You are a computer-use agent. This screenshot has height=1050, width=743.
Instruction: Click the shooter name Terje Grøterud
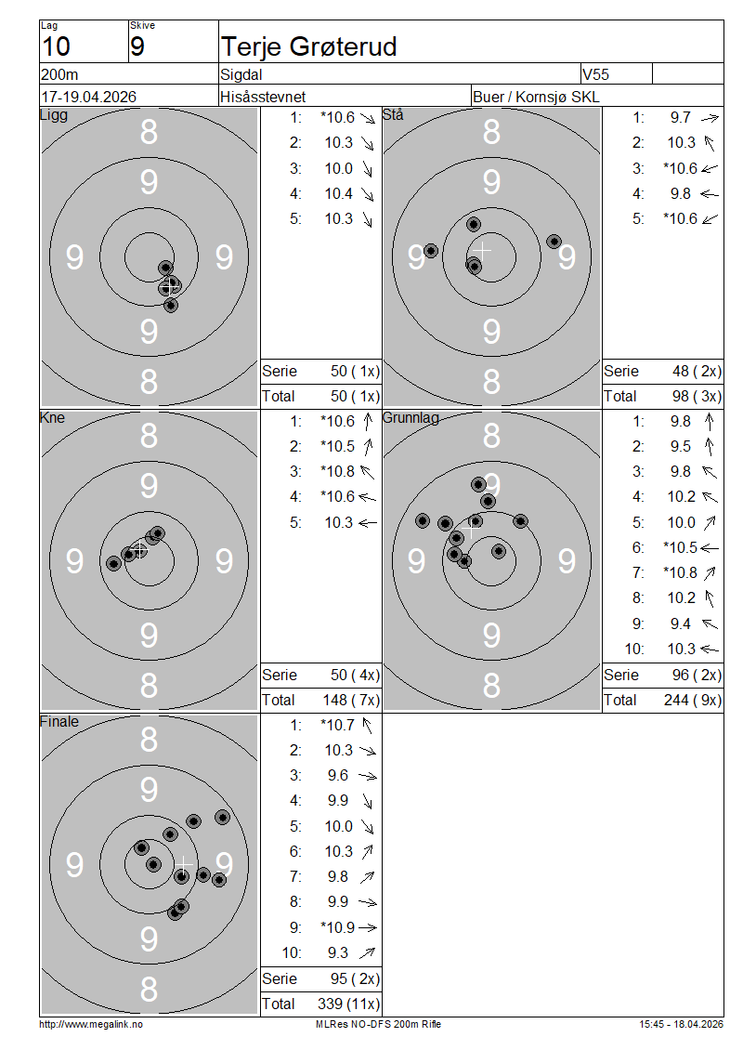coord(308,46)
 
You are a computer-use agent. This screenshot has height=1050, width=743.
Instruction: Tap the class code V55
coord(595,74)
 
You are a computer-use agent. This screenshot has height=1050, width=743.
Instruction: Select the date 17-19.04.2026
coord(89,97)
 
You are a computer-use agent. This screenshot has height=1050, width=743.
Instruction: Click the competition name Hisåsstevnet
coord(263,97)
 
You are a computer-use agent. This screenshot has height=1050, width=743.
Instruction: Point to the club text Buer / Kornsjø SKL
coord(536,97)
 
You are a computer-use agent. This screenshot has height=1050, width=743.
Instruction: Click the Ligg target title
coord(54,114)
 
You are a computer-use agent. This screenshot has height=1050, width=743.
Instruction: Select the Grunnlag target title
coord(411,418)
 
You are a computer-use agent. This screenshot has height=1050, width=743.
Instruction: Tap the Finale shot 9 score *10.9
coord(337,927)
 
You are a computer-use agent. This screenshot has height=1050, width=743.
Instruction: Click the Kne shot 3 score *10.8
coord(337,471)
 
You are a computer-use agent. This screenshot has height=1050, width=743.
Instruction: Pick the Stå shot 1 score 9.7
coord(681,117)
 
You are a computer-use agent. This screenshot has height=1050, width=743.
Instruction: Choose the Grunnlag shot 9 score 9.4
coord(681,624)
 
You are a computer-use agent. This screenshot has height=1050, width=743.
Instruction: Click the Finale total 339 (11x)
coord(348,1004)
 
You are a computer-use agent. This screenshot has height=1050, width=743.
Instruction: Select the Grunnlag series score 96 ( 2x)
coord(697,675)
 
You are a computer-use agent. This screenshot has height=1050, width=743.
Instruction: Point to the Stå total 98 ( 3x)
coord(697,397)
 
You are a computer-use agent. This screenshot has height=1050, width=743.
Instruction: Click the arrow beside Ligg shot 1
coord(368,118)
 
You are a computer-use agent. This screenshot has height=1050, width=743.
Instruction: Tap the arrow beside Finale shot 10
coord(367,952)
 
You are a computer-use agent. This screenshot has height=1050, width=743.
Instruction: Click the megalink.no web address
coord(91,1024)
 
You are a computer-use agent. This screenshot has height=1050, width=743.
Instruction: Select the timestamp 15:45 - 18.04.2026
coord(681,1024)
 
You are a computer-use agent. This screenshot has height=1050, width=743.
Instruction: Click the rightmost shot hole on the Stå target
coord(554,241)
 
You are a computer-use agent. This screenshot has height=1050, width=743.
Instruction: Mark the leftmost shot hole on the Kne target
coord(114,563)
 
